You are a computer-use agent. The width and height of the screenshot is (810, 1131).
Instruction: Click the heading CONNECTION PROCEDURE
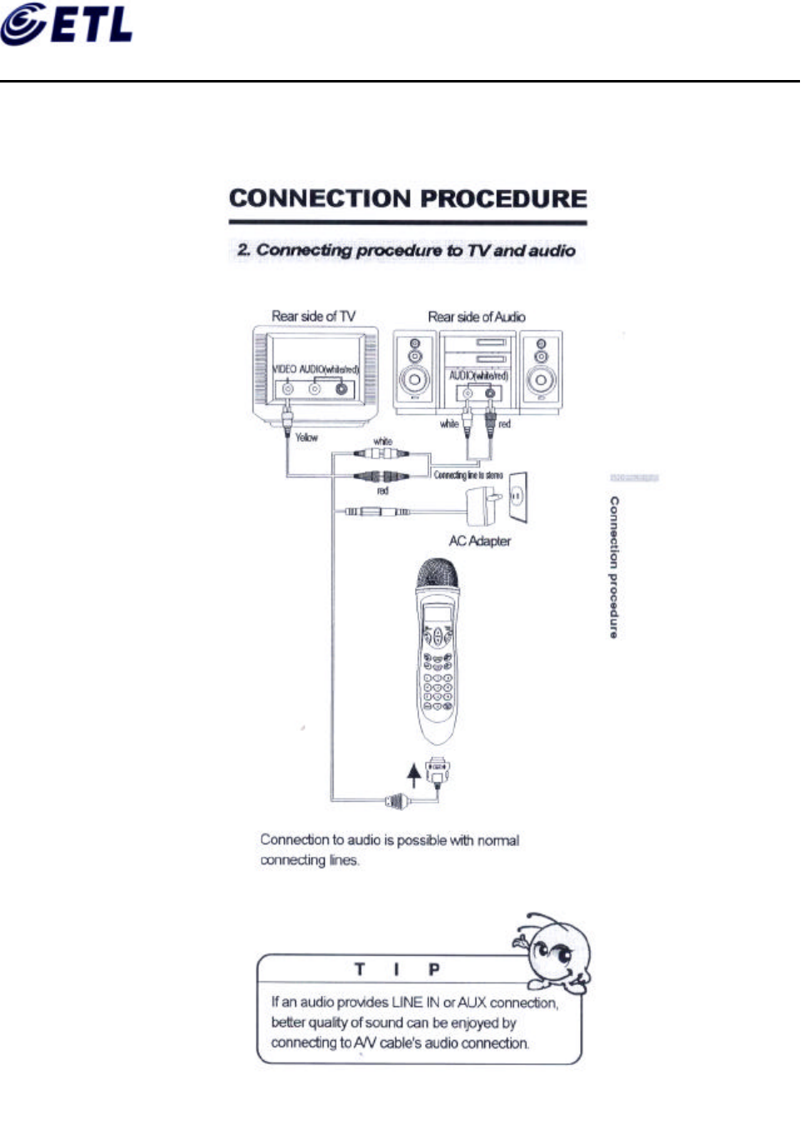point(407,198)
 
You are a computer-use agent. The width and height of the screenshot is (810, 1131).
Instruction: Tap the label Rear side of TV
point(313,316)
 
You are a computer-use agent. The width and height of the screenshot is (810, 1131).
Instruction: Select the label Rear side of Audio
point(477,317)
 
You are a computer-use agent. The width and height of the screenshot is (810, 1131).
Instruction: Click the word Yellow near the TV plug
point(306,437)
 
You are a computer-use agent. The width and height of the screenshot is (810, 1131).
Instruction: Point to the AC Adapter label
point(479,541)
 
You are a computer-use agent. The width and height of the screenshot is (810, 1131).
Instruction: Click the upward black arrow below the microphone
point(413,775)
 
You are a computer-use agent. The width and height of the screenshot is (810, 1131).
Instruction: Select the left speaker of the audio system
point(414,371)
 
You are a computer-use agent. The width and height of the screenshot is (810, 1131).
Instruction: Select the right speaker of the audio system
point(541,371)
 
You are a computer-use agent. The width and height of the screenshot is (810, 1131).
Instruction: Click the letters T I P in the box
point(397,969)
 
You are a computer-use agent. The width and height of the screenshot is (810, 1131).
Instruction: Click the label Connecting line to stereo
point(467,475)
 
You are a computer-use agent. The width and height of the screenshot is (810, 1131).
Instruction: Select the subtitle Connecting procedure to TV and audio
point(407,250)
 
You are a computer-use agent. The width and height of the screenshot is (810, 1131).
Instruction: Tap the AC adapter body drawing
point(482,503)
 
